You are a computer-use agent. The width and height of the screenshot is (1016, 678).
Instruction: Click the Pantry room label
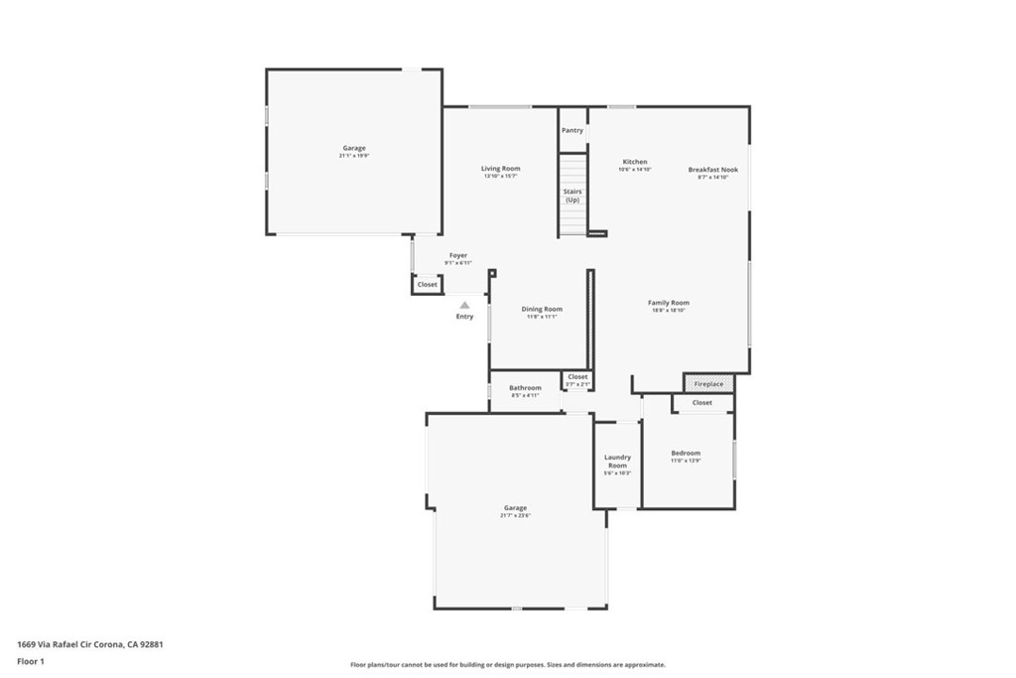tap(572, 130)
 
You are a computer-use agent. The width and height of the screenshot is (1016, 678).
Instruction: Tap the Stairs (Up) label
tap(572, 196)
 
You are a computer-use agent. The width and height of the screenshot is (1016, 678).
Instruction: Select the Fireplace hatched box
tap(708, 383)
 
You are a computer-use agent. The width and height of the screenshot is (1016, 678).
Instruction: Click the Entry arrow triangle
tap(464, 306)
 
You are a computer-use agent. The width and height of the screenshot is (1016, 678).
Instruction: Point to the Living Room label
tap(501, 169)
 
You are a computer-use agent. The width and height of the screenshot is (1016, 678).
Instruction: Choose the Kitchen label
tap(635, 162)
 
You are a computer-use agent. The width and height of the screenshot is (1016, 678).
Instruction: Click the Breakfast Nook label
tap(713, 170)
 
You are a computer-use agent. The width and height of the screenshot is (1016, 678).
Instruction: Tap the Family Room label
tap(668, 303)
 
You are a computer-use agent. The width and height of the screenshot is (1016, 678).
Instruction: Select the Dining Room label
tap(542, 309)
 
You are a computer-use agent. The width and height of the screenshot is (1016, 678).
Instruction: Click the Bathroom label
tap(525, 387)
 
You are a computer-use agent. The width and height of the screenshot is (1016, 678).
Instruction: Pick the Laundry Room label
tap(617, 462)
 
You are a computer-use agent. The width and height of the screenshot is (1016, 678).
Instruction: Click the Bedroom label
tap(686, 453)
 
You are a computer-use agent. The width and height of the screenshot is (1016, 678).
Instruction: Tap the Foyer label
tap(457, 255)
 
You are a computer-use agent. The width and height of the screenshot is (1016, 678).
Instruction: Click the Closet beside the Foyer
tap(427, 285)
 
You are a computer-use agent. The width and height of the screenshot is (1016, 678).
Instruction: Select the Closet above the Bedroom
tap(702, 403)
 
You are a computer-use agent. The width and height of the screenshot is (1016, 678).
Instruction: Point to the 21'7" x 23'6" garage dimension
tap(515, 516)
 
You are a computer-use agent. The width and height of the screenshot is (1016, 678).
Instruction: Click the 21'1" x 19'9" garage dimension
tap(354, 156)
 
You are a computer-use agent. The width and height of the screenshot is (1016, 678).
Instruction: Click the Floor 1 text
tap(31, 660)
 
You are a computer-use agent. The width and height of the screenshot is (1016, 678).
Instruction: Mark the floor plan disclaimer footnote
tap(507, 665)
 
